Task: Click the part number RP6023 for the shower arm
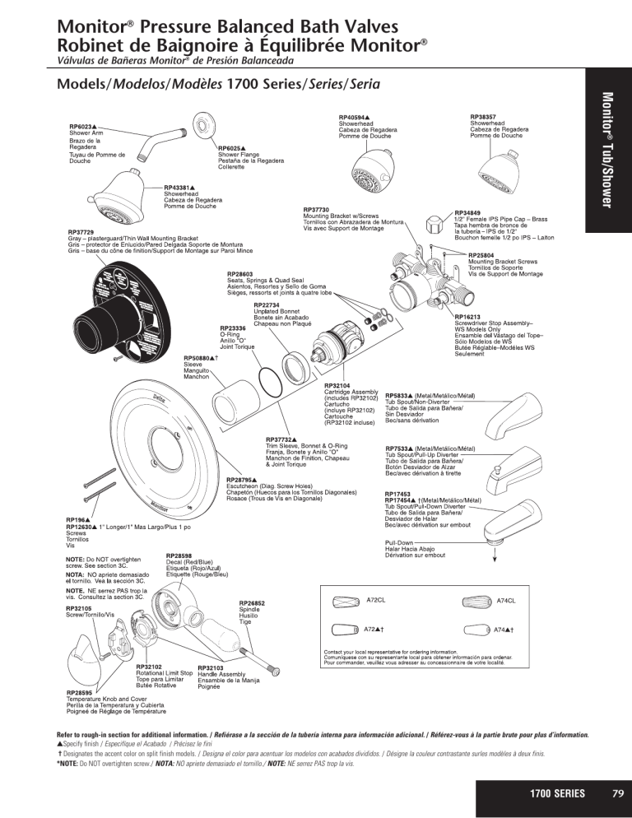(83, 126)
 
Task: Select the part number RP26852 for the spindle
(251, 602)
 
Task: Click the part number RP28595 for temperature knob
(81, 693)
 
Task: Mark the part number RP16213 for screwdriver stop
(468, 316)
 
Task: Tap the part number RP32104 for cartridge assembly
(337, 385)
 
